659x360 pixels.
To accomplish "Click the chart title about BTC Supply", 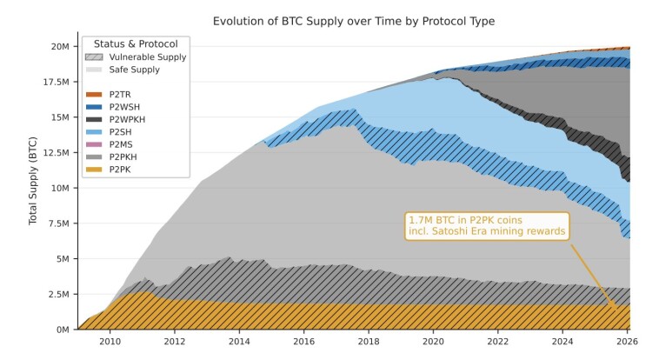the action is point(354,21).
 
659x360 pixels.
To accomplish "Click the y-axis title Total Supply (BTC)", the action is point(33,181).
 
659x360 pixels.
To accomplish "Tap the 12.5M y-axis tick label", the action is point(56,153).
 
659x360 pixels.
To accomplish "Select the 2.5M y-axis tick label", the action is point(58,295).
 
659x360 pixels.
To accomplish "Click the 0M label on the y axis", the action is point(63,330).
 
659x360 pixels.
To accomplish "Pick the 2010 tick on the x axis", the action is point(110,342).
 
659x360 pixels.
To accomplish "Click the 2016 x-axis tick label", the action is point(304,342).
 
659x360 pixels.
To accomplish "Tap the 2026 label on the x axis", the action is point(627,342).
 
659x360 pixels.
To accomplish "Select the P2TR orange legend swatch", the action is point(94,95).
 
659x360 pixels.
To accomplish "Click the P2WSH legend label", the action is point(124,107).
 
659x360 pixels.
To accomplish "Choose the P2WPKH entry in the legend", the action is point(116,119).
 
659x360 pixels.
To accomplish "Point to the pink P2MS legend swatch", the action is point(94,144).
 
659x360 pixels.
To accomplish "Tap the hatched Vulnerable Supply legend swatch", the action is point(94,57).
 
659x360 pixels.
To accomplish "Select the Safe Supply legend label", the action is point(135,70).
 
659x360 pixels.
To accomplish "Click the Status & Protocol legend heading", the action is point(136,43).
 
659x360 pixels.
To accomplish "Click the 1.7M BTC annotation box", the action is point(487,226).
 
